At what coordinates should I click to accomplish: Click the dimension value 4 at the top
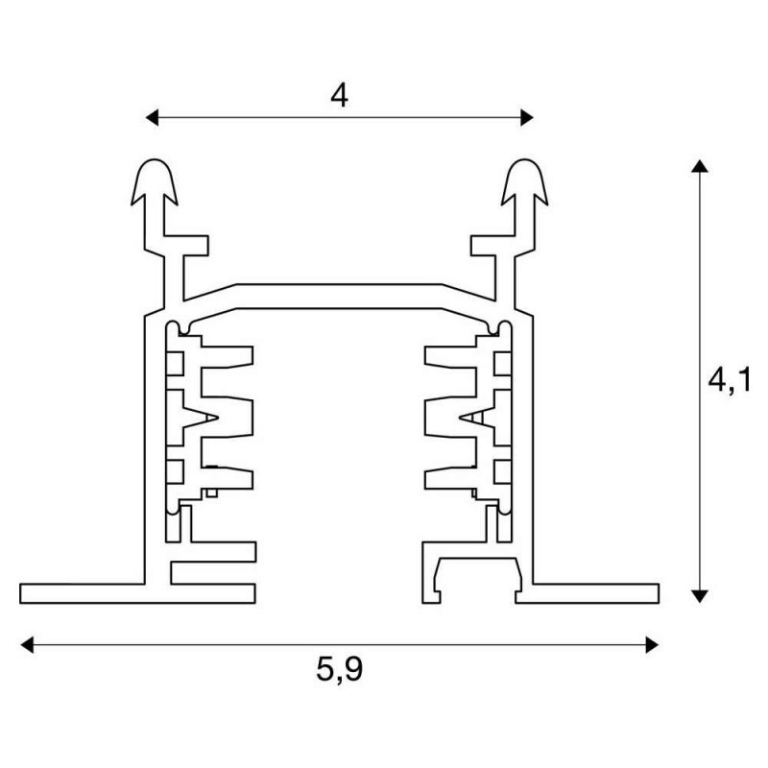[339, 96]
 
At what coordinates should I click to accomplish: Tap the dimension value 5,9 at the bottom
[340, 669]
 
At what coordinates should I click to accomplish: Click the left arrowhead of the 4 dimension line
[153, 117]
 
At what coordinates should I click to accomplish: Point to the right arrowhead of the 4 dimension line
[527, 117]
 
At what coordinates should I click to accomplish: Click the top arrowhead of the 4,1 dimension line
[700, 165]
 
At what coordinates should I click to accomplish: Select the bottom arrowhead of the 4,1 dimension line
[700, 596]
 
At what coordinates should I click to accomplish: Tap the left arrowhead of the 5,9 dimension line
[27, 644]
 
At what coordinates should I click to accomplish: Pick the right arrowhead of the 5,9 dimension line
[652, 644]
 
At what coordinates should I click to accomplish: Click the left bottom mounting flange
[137, 593]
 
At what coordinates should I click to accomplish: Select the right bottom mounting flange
[587, 593]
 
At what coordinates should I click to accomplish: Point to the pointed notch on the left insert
[201, 418]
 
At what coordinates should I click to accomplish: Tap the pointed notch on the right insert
[477, 418]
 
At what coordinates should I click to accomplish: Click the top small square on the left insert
[175, 364]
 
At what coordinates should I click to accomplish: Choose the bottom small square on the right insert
[503, 471]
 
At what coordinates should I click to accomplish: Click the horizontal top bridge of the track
[339, 297]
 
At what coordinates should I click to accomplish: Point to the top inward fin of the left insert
[227, 357]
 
